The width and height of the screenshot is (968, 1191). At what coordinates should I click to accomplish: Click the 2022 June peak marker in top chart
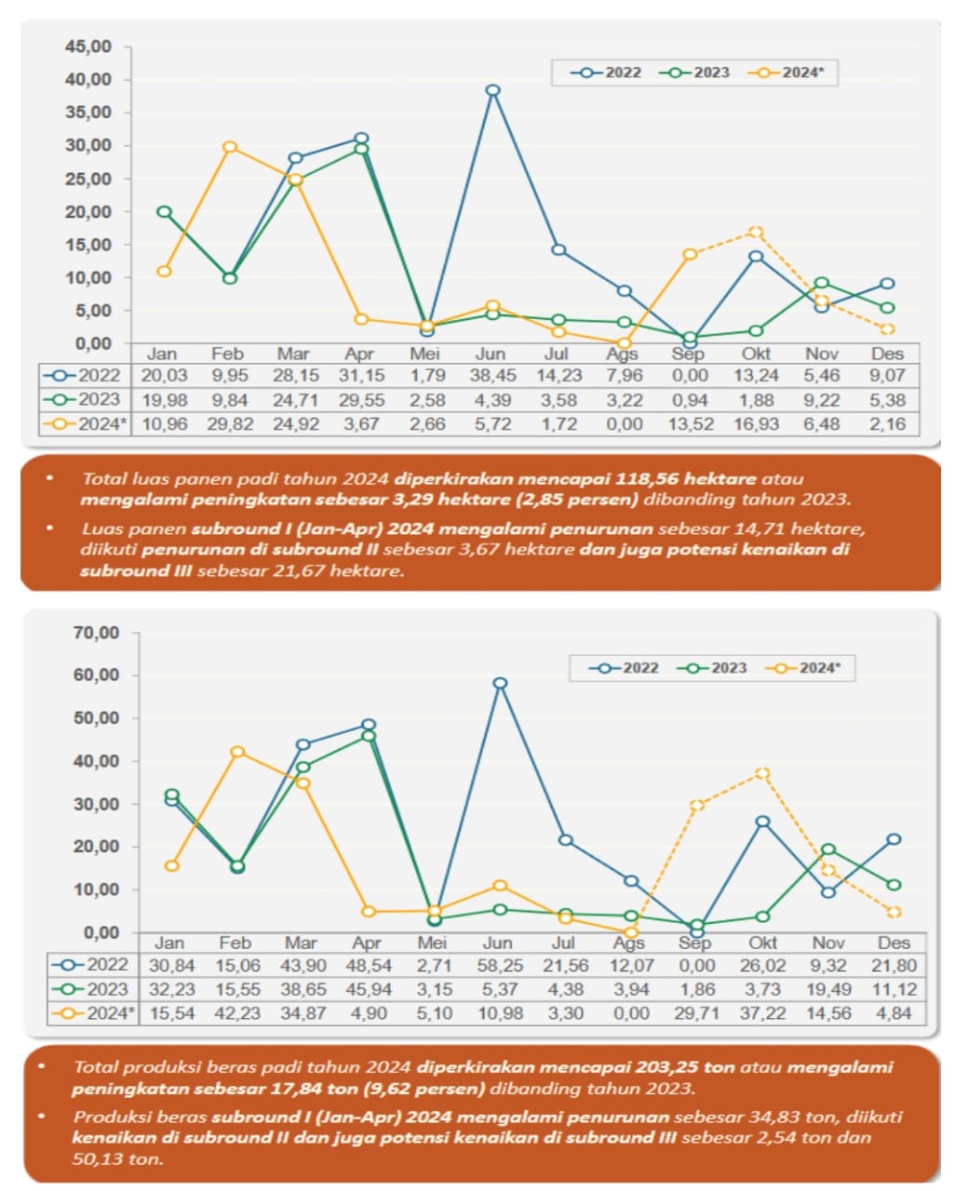click(x=492, y=90)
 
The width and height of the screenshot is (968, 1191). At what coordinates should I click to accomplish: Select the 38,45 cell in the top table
click(x=491, y=376)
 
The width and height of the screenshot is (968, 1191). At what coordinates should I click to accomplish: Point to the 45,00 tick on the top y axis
click(x=88, y=47)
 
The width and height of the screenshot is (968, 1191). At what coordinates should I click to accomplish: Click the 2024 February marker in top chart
click(x=230, y=147)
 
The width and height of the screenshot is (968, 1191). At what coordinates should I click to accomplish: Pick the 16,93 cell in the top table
click(x=756, y=424)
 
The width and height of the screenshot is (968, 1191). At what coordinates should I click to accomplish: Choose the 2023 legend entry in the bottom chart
click(x=712, y=668)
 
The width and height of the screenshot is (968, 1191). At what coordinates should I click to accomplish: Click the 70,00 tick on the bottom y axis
click(x=96, y=633)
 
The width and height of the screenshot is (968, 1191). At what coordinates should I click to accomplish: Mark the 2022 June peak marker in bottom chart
click(x=500, y=683)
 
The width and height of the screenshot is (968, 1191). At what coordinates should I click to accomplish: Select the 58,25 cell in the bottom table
click(x=500, y=966)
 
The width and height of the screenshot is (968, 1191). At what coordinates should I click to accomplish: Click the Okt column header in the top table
click(x=756, y=354)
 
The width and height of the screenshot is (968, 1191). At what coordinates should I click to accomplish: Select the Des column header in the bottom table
click(x=894, y=943)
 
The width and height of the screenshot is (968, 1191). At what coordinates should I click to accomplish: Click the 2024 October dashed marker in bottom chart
click(x=762, y=773)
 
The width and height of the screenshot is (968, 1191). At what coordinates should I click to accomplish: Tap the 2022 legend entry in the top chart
click(x=611, y=73)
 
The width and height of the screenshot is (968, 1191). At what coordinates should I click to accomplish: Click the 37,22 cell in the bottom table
click(x=762, y=1013)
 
